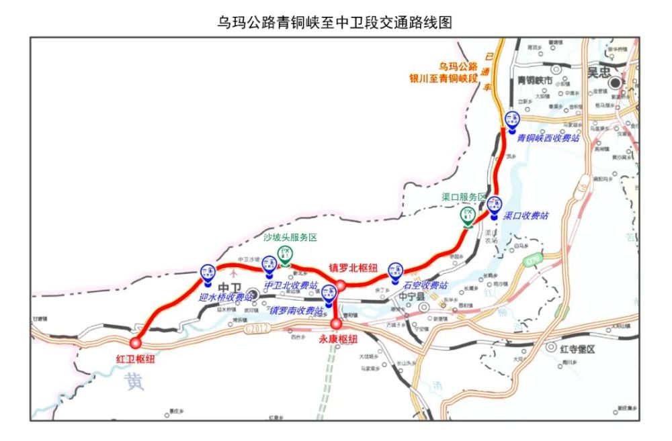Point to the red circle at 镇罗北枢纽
tap(341, 285)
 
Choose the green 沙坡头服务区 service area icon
tap(285, 254)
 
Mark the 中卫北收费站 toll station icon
tap(269, 265)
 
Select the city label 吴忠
tap(600, 72)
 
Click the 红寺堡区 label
tap(580, 348)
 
